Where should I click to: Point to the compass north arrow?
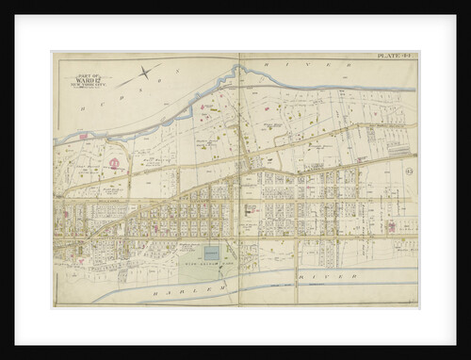145,71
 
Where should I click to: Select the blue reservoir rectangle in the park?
212,254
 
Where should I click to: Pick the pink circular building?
115,164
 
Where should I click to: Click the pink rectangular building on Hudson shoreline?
83,137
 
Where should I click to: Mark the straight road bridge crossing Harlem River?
296,273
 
